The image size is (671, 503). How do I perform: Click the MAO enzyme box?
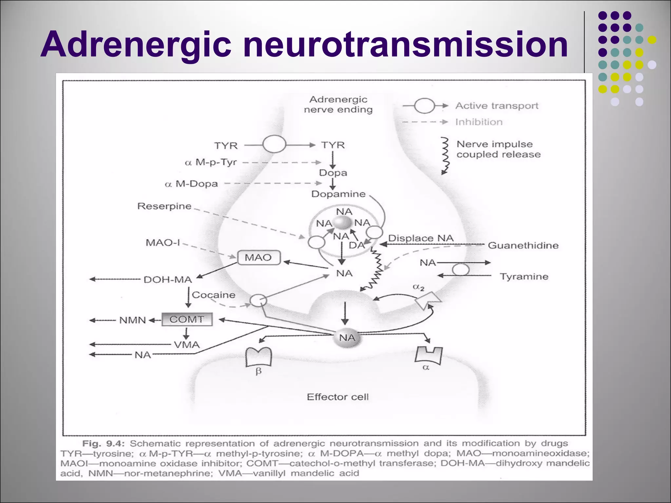coord(259,257)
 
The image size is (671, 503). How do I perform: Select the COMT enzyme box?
coord(187,319)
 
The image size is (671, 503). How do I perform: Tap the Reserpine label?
coord(164,206)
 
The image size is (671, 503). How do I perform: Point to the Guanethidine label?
coord(523,245)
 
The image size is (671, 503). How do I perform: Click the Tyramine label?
coord(524,277)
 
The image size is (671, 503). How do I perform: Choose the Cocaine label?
coord(214,295)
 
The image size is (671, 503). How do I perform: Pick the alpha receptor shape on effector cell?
coord(428,356)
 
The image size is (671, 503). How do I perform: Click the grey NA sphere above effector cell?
coord(347,338)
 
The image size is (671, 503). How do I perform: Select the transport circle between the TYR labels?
coord(274,144)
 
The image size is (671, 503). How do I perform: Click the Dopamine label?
coord(338,194)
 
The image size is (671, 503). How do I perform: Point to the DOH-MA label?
coord(168,280)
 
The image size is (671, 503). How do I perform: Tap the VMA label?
coord(187,345)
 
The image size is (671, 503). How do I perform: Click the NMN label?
coord(133,320)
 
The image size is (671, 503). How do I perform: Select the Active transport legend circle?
coord(424,106)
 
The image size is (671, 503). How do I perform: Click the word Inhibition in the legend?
coord(479,122)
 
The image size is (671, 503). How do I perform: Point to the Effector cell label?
coord(337,397)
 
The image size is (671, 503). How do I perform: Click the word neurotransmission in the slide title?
coord(405,44)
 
